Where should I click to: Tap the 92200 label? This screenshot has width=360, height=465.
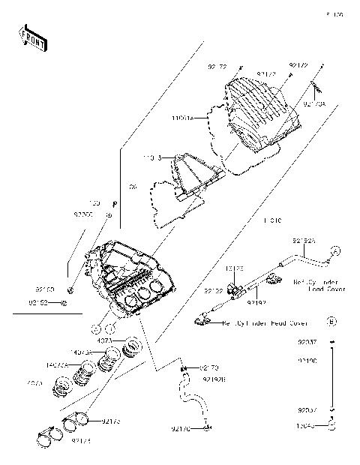[83, 214]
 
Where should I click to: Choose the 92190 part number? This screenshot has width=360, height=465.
[307, 361]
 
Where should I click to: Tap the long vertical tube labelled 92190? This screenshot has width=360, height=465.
[331, 379]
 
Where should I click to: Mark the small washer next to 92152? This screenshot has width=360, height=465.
[66, 303]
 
